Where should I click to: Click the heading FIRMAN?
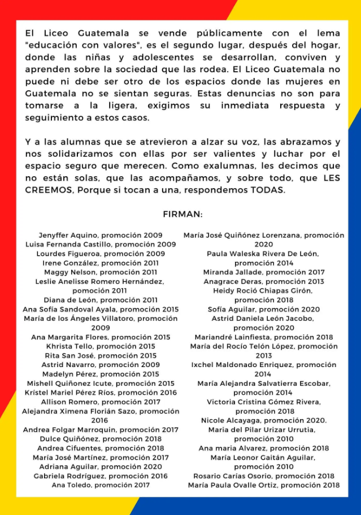click(182, 215)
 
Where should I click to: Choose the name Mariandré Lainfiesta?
click(229, 337)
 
